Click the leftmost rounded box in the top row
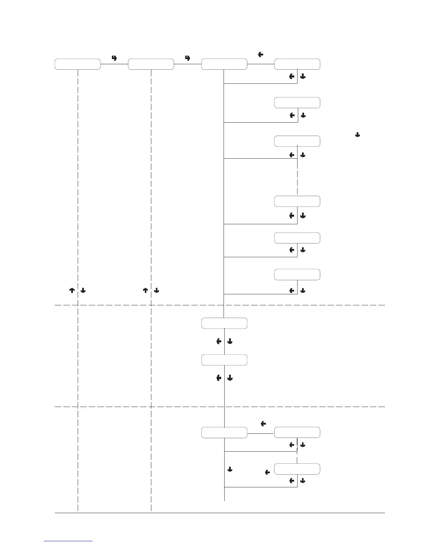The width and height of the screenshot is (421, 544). [x=78, y=64]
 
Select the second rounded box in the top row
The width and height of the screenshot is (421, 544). [x=151, y=64]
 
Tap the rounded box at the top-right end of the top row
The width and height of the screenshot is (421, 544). [x=297, y=64]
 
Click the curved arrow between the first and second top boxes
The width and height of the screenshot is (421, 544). [x=115, y=58]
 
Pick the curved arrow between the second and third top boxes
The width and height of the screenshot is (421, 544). [x=187, y=58]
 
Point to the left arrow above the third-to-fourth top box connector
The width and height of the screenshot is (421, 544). [x=260, y=54]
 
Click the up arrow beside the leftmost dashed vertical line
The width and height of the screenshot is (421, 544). [x=72, y=291]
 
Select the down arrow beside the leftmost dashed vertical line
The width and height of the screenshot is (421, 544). [x=83, y=291]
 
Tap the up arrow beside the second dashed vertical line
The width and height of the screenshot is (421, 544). [x=145, y=291]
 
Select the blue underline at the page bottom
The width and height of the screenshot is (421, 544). [x=68, y=541]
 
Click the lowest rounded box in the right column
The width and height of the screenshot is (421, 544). [x=297, y=469]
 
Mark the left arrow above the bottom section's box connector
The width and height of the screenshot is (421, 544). [x=263, y=424]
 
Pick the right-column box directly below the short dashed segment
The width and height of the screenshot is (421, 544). [x=297, y=201]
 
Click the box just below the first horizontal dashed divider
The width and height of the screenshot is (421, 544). [x=224, y=323]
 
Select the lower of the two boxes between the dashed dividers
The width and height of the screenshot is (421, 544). [x=224, y=360]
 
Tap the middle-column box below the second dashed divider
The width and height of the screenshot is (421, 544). [x=224, y=432]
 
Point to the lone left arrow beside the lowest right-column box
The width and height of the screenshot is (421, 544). [x=267, y=473]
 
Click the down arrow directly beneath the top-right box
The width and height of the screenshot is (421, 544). [x=303, y=77]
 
